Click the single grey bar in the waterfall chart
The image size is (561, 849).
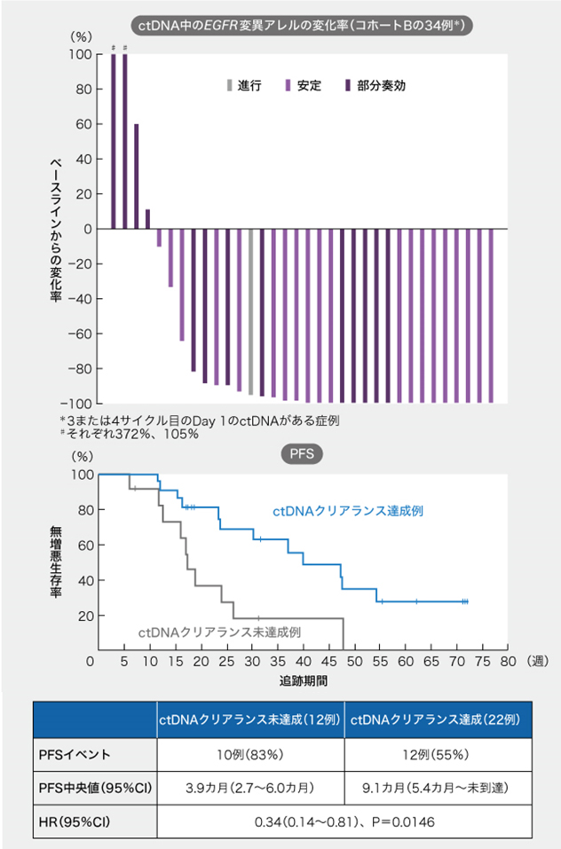tap(251, 311)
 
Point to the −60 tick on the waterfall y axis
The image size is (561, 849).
tap(79, 334)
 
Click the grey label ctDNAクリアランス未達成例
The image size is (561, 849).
tap(220, 633)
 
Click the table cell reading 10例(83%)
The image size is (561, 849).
tap(250, 755)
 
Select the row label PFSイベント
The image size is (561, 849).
tap(75, 755)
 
